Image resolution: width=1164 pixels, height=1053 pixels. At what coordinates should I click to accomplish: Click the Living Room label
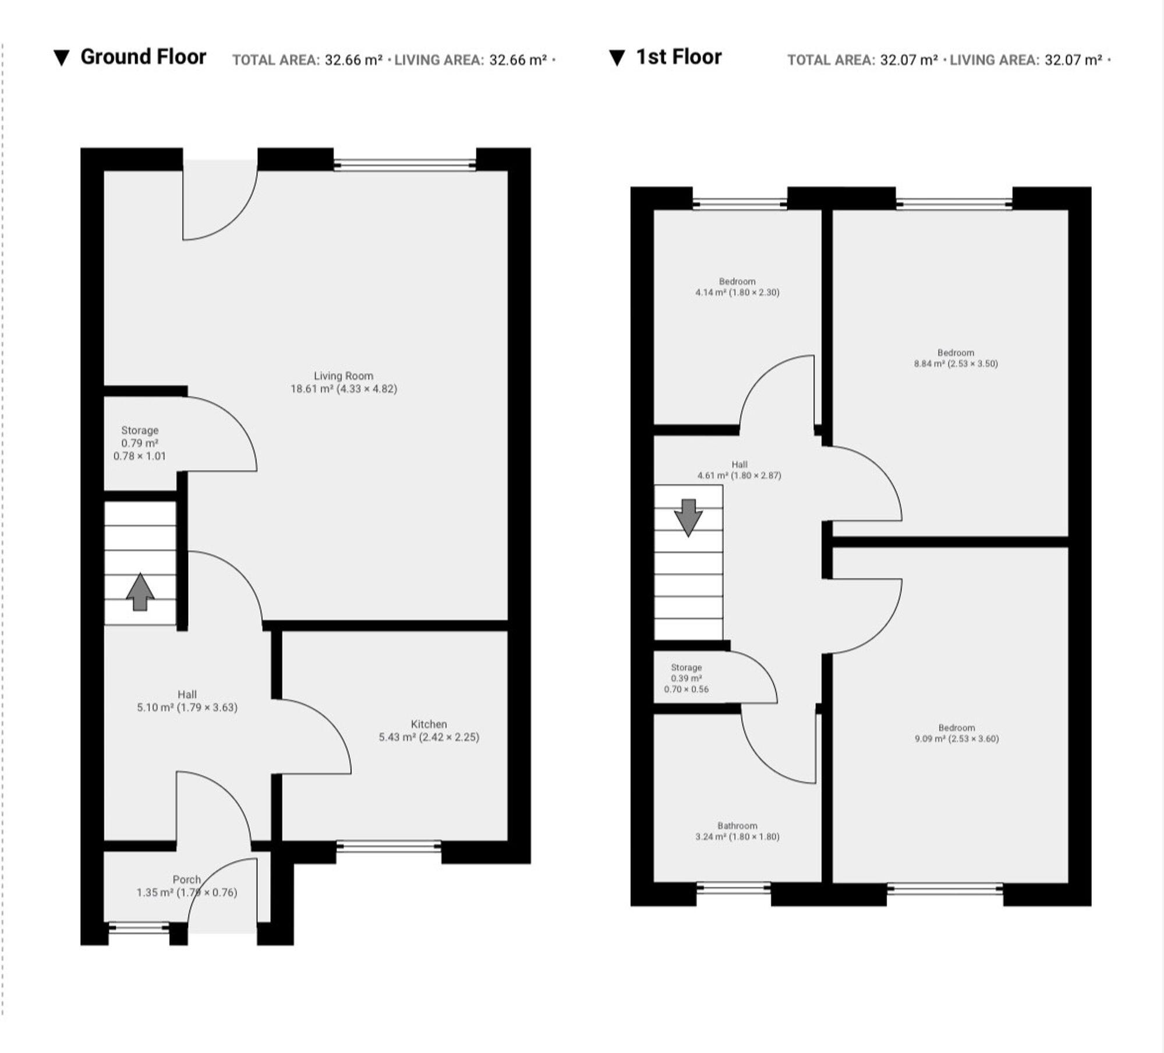343,382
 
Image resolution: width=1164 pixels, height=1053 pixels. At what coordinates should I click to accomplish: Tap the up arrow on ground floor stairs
140,592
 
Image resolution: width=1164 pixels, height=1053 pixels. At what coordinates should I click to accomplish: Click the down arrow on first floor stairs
688,517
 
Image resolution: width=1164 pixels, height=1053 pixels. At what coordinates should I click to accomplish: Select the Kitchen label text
429,730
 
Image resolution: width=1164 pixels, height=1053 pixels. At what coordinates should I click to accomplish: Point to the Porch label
186,886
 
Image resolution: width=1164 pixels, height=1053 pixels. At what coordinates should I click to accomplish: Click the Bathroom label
737,831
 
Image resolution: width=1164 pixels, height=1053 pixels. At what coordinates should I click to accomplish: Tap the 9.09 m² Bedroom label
956,733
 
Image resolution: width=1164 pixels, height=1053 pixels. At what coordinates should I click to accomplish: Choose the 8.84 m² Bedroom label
955,358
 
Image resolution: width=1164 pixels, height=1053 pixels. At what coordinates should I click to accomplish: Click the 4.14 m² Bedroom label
737,287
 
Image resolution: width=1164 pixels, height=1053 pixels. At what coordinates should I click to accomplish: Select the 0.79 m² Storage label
139,443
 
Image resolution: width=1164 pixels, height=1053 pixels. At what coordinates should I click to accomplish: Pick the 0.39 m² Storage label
686,678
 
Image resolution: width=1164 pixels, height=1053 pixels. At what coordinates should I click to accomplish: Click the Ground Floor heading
143,57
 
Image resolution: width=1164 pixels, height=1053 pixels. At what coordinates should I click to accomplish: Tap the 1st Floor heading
678,57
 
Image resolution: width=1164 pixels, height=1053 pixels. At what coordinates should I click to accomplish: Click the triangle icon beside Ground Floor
61,58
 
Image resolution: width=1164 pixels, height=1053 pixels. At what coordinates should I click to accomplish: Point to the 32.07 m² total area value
908,60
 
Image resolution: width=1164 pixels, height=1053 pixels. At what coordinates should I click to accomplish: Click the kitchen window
388,846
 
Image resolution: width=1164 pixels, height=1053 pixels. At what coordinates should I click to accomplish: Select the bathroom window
733,888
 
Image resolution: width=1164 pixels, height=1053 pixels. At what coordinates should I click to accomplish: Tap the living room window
405,165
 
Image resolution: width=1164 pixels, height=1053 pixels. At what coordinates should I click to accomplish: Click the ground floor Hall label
187,701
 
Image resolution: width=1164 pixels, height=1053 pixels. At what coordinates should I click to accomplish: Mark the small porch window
139,927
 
